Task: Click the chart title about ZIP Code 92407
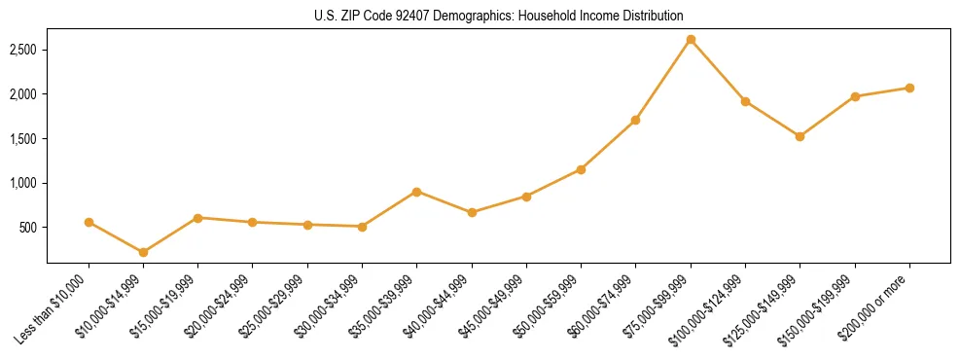[499, 16]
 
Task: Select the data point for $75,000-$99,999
[691, 40]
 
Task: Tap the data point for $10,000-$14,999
[143, 252]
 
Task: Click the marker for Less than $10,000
[89, 222]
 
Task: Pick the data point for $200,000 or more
[909, 88]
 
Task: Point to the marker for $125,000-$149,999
[800, 136]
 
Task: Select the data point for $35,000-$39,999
[416, 192]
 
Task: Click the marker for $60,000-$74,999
[635, 120]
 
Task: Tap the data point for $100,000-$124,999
[745, 101]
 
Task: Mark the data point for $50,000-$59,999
[581, 169]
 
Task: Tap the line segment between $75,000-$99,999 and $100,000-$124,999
[718, 70]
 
